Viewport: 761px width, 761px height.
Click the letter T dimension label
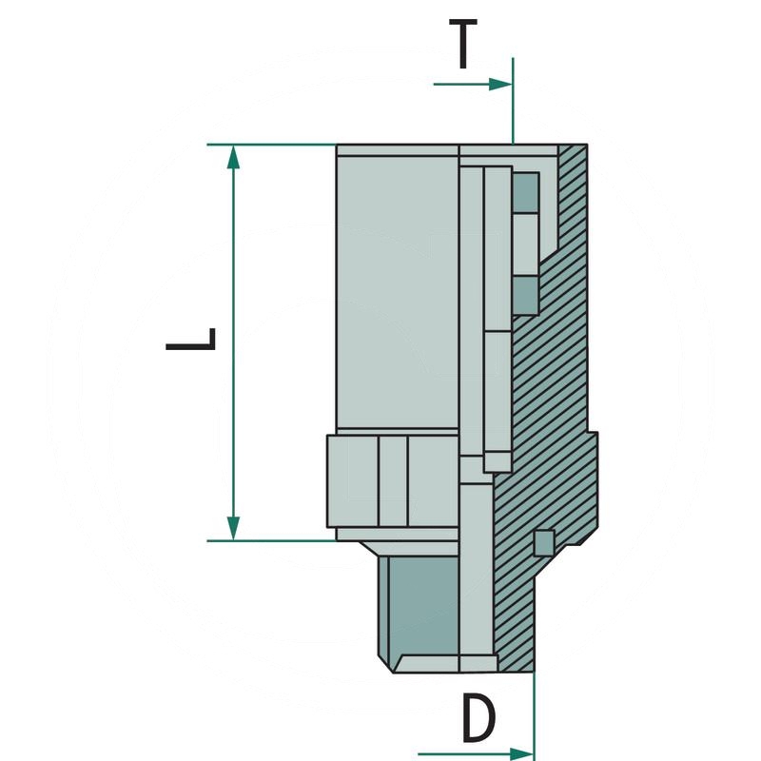pos(462,45)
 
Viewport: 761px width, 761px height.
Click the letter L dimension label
pos(191,341)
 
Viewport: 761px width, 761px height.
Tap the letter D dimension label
pos(478,719)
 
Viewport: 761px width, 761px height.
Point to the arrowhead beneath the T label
pos(501,84)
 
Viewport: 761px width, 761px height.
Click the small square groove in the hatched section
pos(543,541)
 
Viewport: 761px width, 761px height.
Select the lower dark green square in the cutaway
pos(525,295)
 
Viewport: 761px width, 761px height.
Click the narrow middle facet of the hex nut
pos(392,479)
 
